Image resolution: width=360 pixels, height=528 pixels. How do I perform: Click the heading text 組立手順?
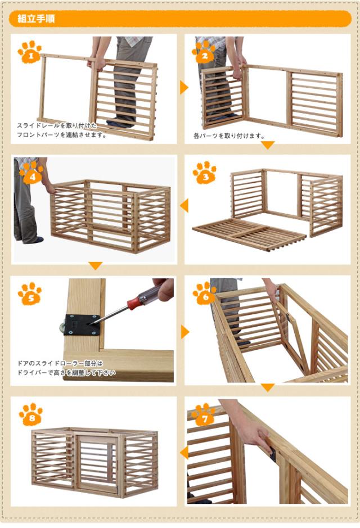click(36, 19)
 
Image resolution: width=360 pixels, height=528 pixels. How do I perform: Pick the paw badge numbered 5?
click(30, 294)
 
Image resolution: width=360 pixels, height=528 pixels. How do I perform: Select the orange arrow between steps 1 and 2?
click(183, 87)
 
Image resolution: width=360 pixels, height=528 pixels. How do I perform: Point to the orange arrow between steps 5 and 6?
click(184, 332)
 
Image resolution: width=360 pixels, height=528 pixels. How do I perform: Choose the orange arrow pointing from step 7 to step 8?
click(183, 453)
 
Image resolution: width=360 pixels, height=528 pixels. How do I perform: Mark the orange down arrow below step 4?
click(96, 266)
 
